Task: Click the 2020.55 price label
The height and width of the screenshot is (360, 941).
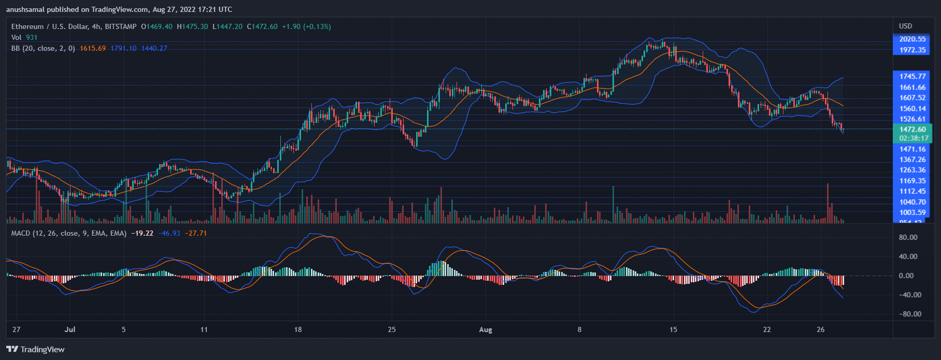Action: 913,39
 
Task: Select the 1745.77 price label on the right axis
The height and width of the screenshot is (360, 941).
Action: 913,76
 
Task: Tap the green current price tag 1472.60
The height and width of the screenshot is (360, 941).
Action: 913,129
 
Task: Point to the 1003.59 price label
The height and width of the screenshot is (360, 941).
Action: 913,212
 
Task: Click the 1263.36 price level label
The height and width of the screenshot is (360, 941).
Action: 913,170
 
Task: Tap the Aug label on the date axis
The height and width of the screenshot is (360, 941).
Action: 486,329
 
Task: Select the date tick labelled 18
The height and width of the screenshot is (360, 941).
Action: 297,329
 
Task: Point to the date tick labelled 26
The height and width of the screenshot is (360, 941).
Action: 820,329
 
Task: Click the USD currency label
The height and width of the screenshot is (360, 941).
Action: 905,26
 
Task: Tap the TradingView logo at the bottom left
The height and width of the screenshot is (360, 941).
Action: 35,349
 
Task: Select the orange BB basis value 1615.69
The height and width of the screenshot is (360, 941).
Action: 93,48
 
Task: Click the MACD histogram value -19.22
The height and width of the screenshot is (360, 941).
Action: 142,233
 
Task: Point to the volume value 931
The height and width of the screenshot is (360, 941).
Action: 32,37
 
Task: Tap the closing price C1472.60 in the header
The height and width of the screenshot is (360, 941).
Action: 262,26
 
